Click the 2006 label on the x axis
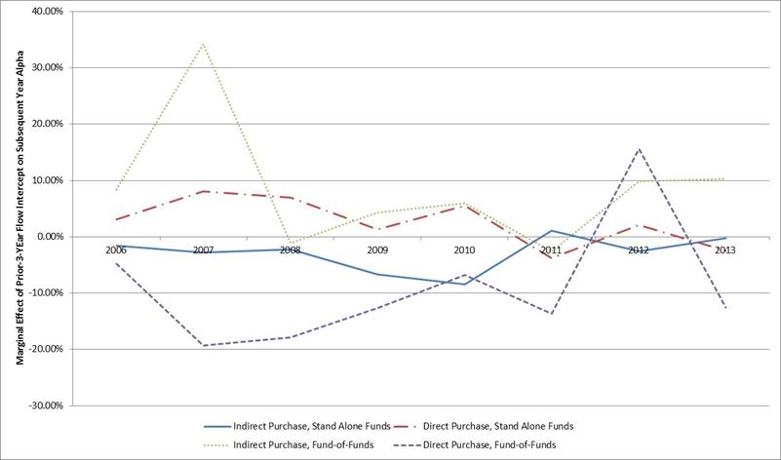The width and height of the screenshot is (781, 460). coord(116,249)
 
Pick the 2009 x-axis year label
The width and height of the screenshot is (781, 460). coord(376,249)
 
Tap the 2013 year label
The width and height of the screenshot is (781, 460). coord(724,249)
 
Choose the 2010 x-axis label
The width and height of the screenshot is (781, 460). coord(464,249)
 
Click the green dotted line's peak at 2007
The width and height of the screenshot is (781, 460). coord(203,44)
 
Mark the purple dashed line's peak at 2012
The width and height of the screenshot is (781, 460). coord(638,149)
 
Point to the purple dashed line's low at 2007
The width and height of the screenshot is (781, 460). coord(203,345)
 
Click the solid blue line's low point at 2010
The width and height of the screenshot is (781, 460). coord(464,284)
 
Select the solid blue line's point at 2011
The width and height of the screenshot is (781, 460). coord(551,231)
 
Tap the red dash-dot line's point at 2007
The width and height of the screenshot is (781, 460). coord(203,191)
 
